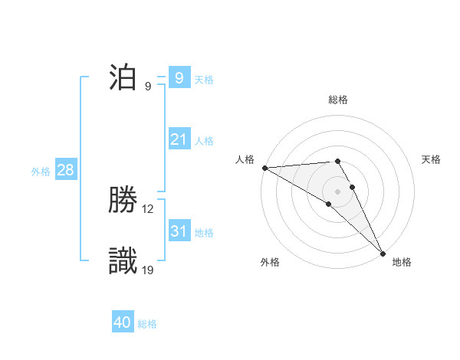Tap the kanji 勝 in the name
(x=123, y=201)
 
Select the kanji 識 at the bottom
(x=123, y=260)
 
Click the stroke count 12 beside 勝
(x=148, y=208)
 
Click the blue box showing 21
(x=179, y=139)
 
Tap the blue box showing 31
(x=179, y=231)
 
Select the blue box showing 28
(x=65, y=170)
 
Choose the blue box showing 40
(x=123, y=322)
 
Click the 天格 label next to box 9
(x=204, y=79)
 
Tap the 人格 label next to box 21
(x=204, y=141)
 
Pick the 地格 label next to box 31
(x=204, y=233)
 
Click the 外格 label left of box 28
(x=41, y=172)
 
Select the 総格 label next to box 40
(x=147, y=324)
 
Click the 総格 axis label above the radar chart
(x=338, y=100)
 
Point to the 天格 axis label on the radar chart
(x=431, y=159)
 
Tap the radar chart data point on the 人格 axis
(x=264, y=168)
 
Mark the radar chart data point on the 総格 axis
(x=337, y=162)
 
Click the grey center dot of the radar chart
(x=337, y=191)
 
